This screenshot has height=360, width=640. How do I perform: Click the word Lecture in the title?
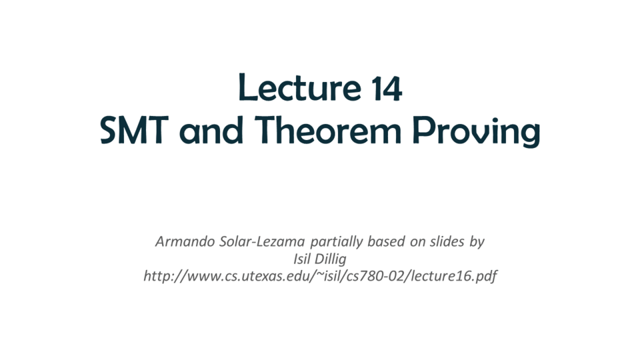tap(299, 87)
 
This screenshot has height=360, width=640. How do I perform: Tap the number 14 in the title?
tap(387, 88)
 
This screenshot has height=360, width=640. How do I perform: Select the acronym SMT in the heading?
tap(134, 130)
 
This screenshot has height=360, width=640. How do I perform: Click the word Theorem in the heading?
tap(328, 130)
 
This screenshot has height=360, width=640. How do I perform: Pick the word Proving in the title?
tap(476, 131)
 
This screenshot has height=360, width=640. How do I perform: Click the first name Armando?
tap(185, 241)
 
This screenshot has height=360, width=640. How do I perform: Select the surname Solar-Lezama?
tap(262, 241)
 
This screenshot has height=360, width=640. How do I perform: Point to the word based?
tap(387, 241)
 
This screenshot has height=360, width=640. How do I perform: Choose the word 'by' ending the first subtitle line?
tap(477, 242)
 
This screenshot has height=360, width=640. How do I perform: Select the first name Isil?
tap(300, 259)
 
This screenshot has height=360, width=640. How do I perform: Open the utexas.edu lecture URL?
tap(320, 276)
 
